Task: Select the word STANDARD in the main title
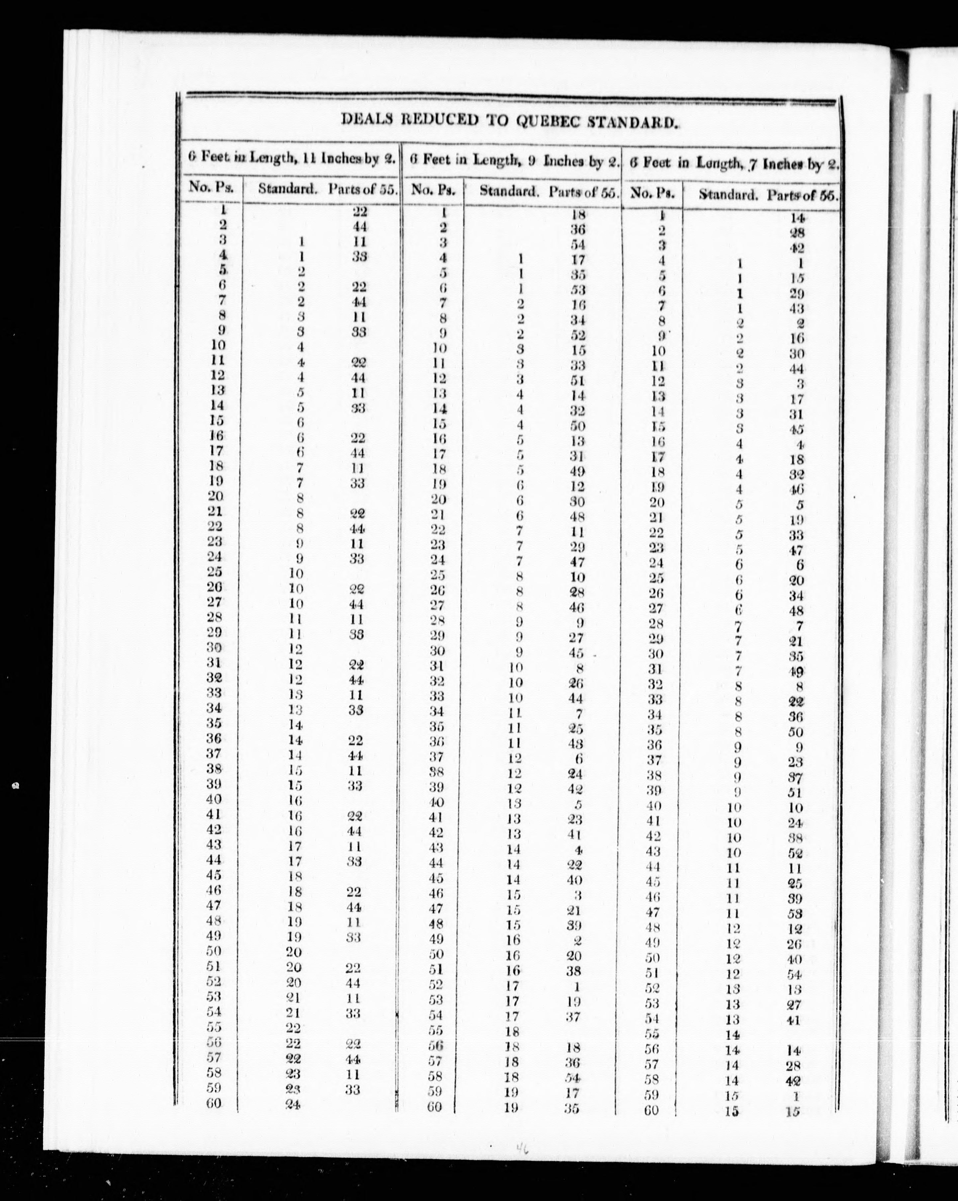pos(633,122)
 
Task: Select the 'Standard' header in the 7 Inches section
pos(728,195)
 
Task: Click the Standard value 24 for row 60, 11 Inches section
pos(292,1106)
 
